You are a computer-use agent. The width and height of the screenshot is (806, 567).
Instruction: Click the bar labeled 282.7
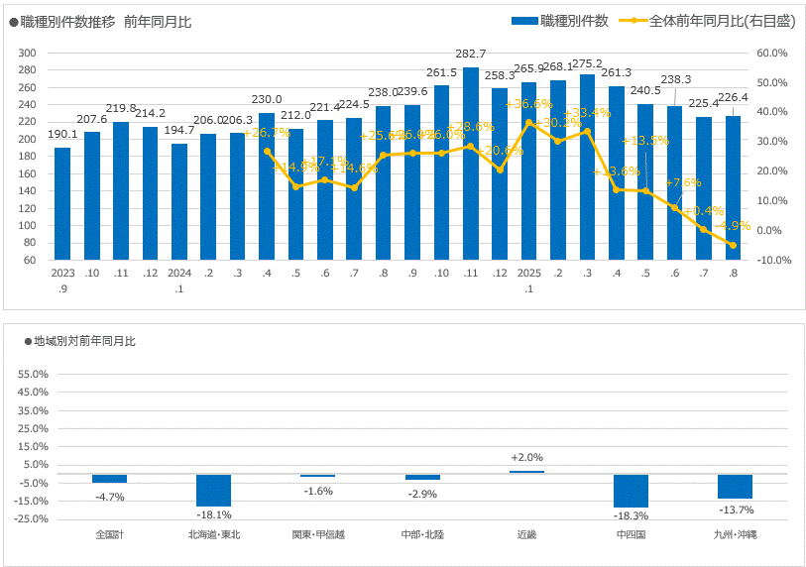[470, 164]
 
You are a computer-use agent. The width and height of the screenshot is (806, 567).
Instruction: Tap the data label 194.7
[178, 130]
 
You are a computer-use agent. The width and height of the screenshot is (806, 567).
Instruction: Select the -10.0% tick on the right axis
[772, 260]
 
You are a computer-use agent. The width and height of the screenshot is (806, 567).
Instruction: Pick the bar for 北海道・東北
[213, 491]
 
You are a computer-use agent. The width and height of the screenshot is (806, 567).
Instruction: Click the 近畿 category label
[526, 534]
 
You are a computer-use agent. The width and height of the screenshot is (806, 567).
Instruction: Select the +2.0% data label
[526, 457]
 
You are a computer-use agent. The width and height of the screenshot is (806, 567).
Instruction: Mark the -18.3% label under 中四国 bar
[631, 515]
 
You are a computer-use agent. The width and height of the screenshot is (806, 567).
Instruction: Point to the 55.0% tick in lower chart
[33, 375]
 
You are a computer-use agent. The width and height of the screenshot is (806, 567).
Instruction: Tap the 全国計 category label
[109, 534]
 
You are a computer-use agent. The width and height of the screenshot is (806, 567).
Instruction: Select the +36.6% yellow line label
[528, 104]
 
